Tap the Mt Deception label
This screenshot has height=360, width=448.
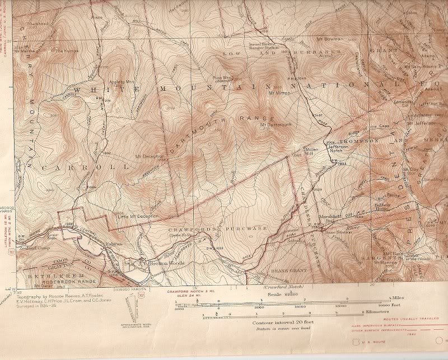(x=149, y=156)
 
